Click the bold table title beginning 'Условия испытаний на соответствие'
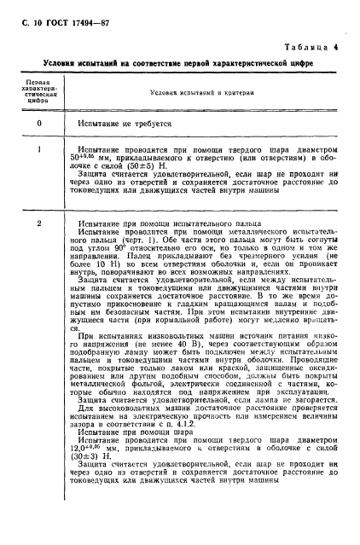[177, 63]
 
